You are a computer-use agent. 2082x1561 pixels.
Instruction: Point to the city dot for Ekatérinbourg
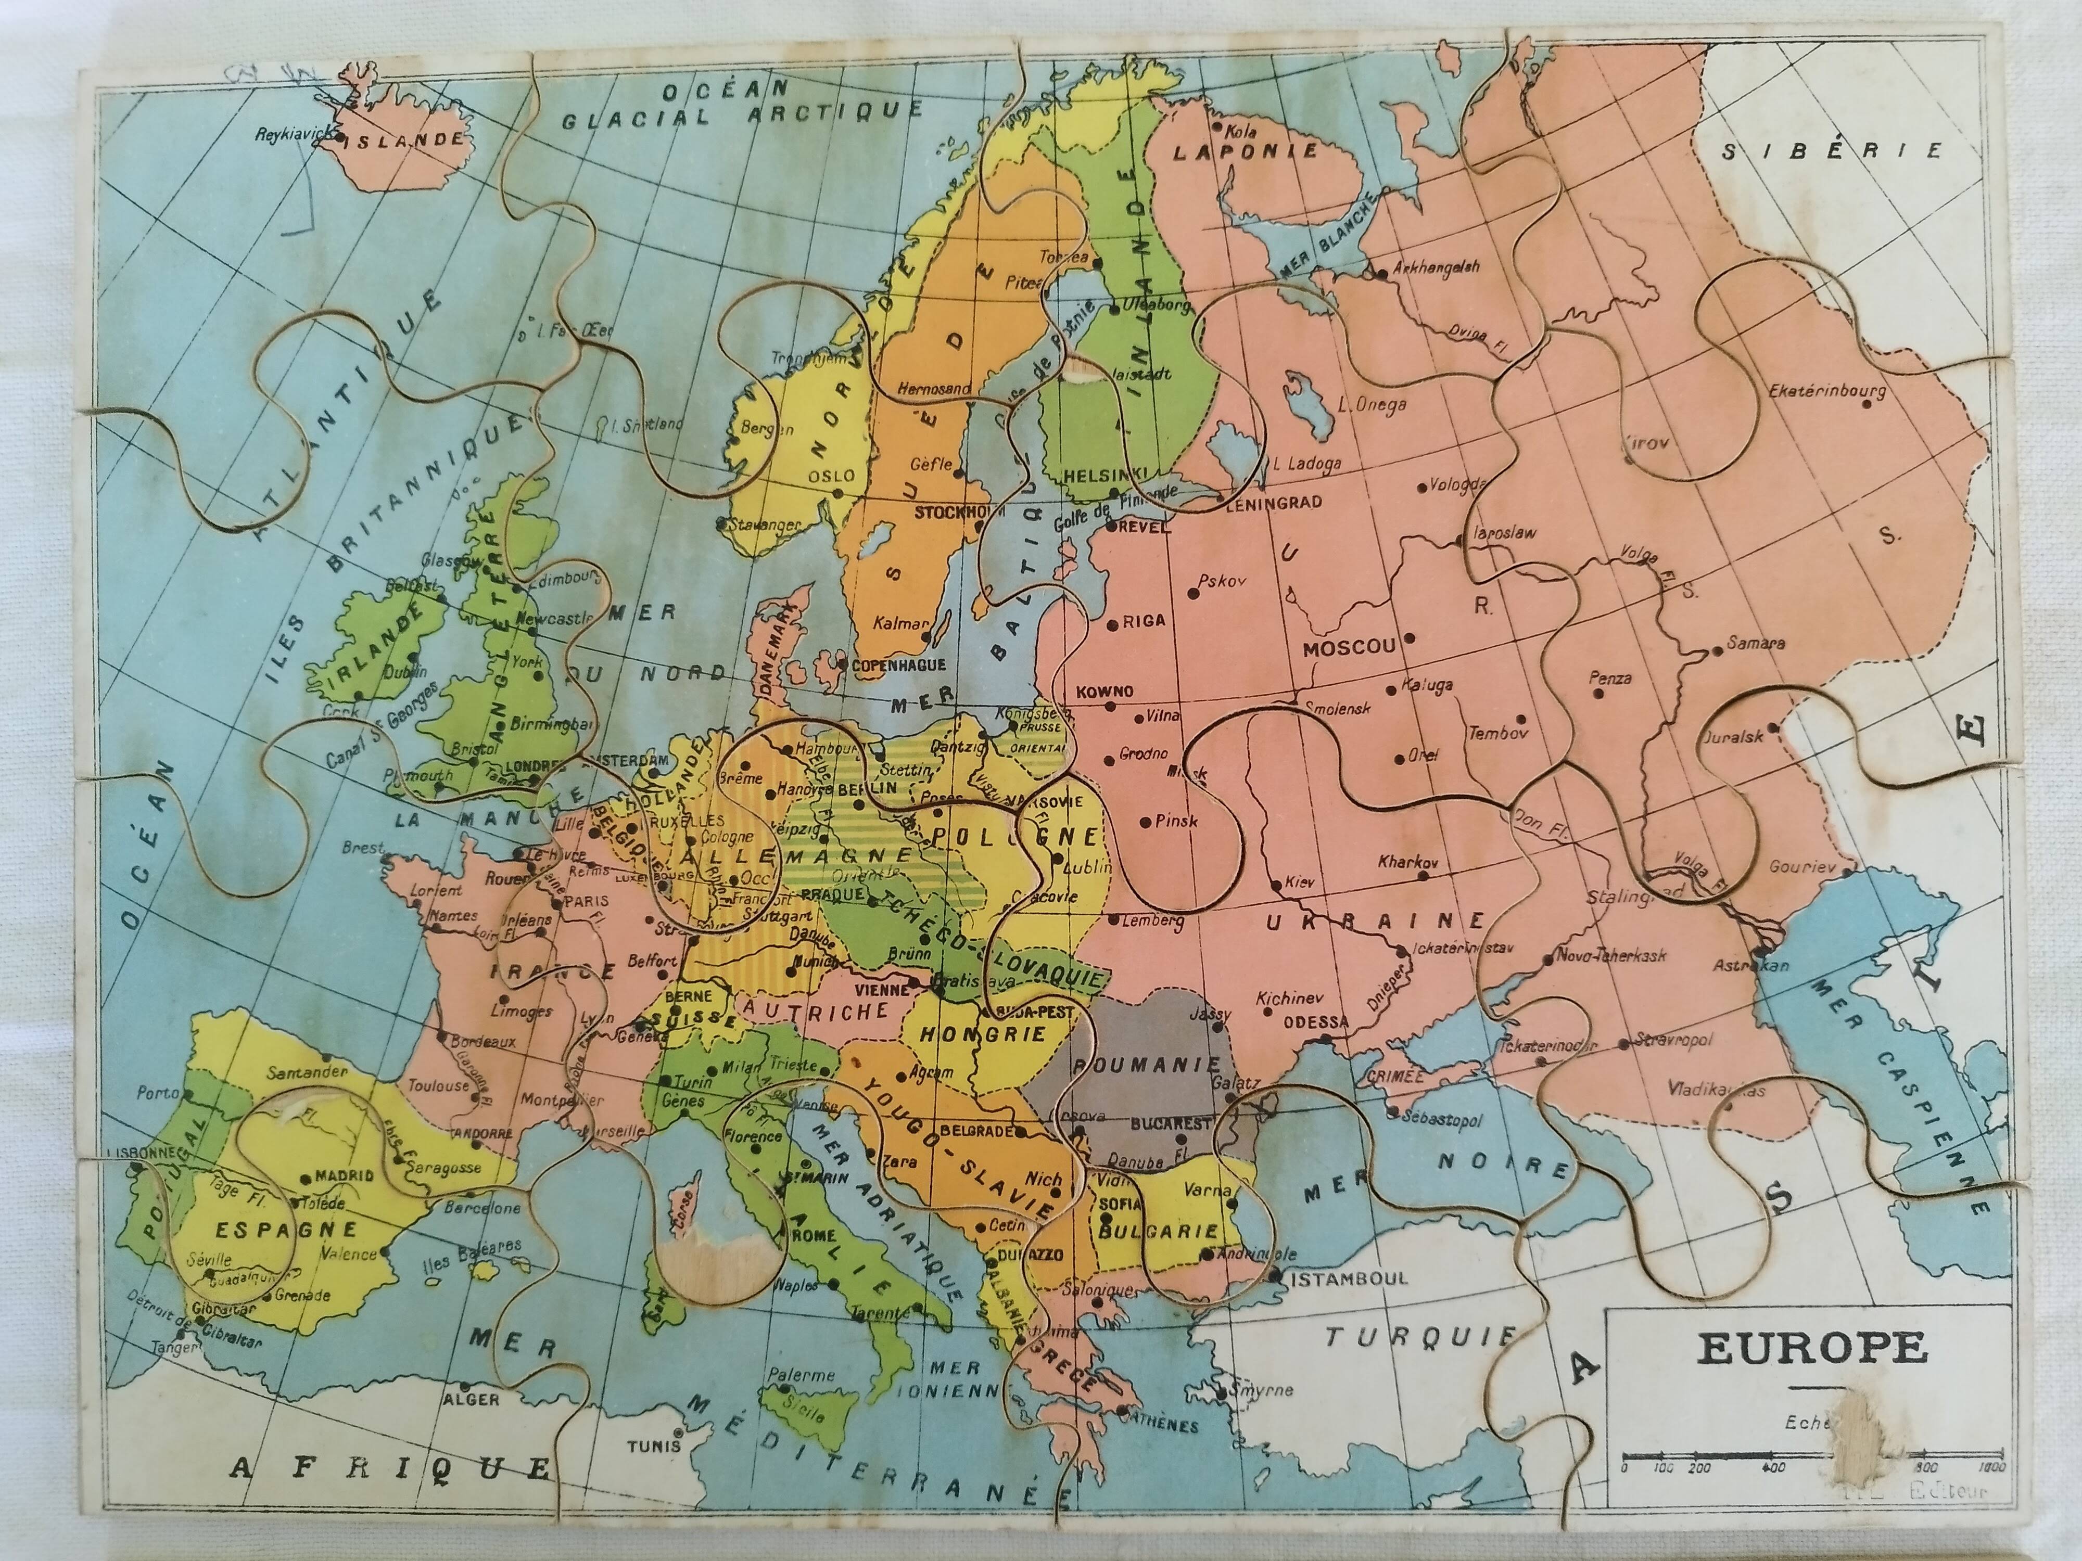1867,404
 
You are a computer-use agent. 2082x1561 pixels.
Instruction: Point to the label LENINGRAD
1274,503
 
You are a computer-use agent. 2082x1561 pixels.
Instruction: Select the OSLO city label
831,476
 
